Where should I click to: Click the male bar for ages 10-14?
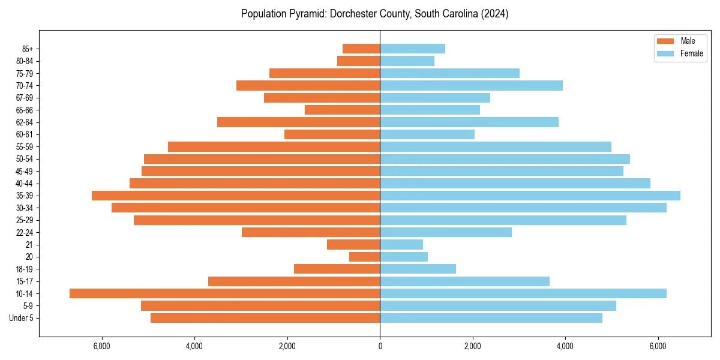[x=225, y=293]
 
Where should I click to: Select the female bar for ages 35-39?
[x=530, y=196]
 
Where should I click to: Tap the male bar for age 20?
[x=365, y=257]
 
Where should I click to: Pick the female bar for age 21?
[x=401, y=244]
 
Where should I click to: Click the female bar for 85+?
[x=412, y=49]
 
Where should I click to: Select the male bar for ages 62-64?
[x=298, y=122]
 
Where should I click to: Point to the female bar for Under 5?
[x=491, y=318]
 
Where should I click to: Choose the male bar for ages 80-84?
[x=358, y=61]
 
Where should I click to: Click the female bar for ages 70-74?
[x=471, y=85]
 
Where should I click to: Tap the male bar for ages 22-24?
[x=311, y=232]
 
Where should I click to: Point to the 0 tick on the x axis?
[x=380, y=346]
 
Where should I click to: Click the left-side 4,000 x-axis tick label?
[x=194, y=346]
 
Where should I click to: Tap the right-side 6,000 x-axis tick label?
[x=658, y=346]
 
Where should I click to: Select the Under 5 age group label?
[x=22, y=318]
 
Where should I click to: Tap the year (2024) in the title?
[x=496, y=14]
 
